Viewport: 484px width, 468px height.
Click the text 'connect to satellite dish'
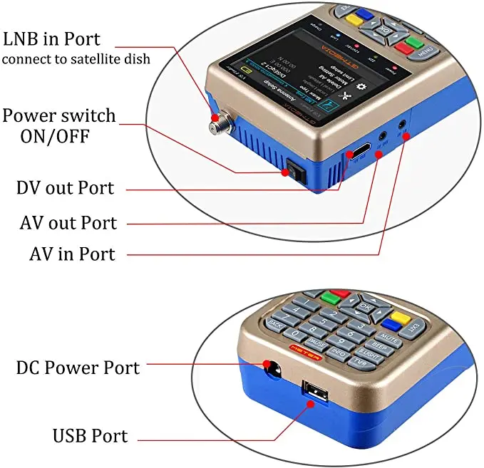pos(76,60)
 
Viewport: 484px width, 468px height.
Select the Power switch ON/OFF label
pos(58,125)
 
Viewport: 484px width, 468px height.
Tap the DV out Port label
pos(66,188)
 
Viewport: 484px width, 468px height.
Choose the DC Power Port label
pos(78,368)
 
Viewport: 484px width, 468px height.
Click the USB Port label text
pos(90,435)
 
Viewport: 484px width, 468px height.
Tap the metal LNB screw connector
pos(215,125)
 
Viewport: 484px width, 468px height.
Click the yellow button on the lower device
pos(398,315)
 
